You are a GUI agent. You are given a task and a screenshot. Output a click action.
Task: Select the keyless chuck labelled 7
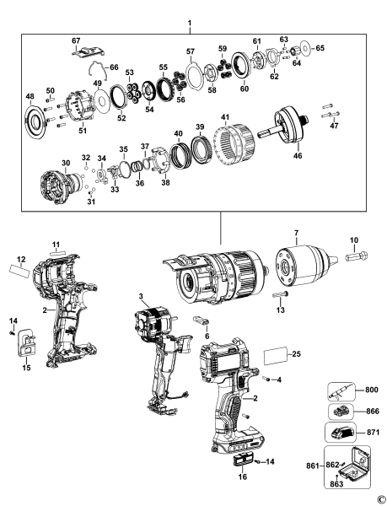tap(293, 257)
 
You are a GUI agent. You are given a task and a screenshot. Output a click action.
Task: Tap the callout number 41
tap(224, 116)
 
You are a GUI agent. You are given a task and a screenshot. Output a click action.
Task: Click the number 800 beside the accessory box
tap(373, 390)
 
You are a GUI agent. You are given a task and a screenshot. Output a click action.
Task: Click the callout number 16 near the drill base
tap(243, 476)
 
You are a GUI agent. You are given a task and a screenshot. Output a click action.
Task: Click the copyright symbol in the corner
tap(380, 499)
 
